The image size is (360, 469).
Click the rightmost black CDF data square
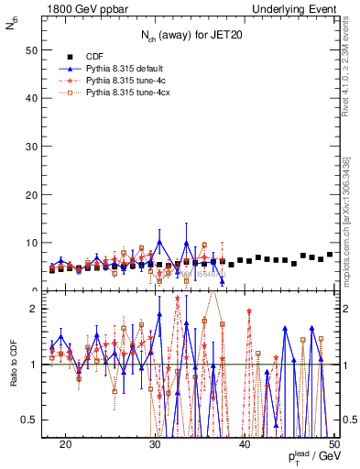(x=330, y=255)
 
